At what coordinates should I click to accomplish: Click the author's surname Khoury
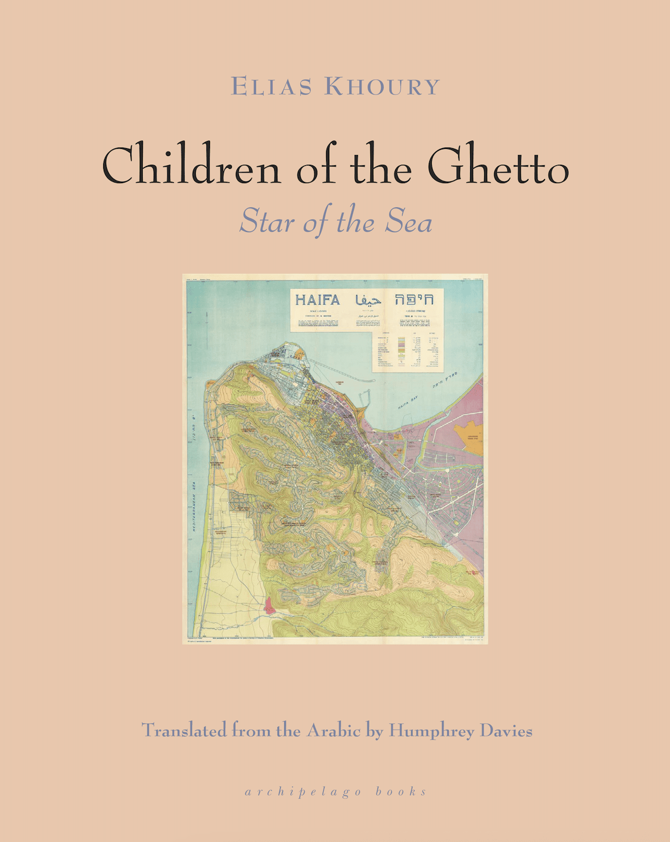tap(382, 87)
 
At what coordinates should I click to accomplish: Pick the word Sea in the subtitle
tap(409, 223)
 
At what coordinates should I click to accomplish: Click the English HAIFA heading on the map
tap(317, 300)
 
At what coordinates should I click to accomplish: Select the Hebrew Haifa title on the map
tap(414, 299)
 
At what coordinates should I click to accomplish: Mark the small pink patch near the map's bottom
tap(270, 606)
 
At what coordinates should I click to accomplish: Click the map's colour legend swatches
tap(402, 349)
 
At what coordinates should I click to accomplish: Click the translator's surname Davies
tap(506, 731)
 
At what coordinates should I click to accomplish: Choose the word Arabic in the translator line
tap(333, 731)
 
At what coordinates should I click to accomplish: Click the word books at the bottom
tap(401, 791)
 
